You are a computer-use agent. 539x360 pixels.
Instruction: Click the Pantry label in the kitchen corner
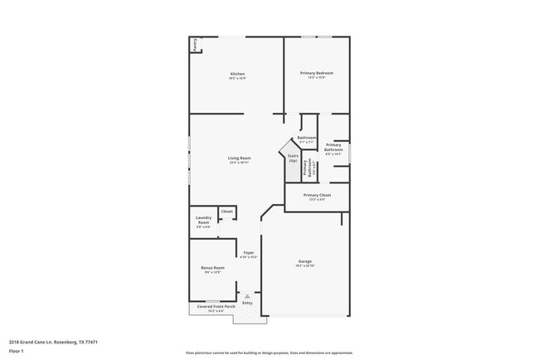coord(195,45)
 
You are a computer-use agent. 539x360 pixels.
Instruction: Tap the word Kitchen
coord(237,74)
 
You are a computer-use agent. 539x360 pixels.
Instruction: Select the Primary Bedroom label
coord(316,73)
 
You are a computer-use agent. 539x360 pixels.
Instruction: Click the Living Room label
coord(240,158)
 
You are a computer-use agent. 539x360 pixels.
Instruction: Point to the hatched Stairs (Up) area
coord(293,158)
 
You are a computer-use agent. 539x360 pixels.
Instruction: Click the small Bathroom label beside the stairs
coord(307,138)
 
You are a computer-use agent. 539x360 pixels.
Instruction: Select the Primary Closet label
coord(317,195)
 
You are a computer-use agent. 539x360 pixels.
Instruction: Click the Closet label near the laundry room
coord(226,212)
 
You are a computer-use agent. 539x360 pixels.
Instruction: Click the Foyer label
coord(248,253)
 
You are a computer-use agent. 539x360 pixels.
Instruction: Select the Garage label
coord(305,261)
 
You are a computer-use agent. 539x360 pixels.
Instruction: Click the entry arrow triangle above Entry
coord(246,295)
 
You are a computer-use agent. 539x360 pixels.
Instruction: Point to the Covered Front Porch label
coord(216,306)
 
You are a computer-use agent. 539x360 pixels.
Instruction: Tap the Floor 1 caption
coord(17,348)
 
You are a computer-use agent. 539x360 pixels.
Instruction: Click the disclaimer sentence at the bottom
coord(269,353)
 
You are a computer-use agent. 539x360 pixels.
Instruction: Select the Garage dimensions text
coord(305,266)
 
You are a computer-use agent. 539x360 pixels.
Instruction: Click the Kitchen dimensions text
coord(237,79)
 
